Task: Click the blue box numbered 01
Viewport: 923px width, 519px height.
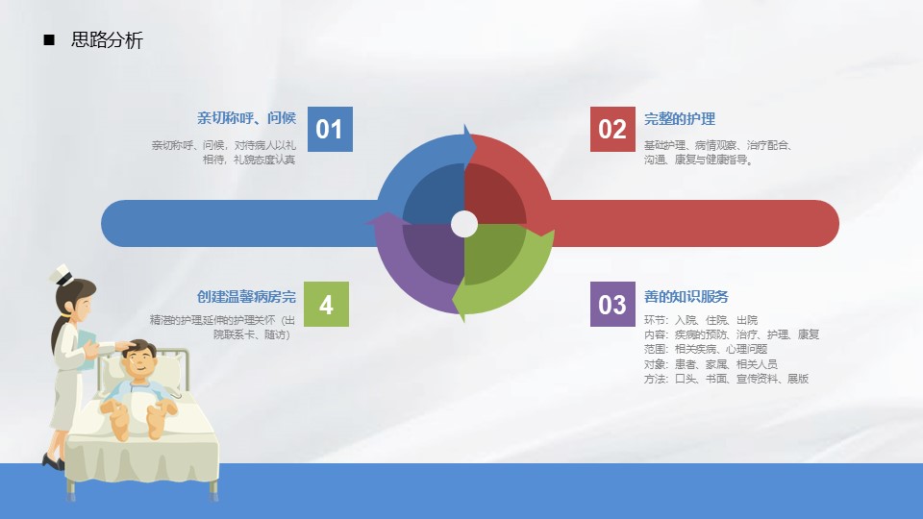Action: (330, 130)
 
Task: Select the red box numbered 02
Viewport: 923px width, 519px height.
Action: (612, 130)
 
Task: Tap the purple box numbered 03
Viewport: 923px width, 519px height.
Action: (612, 305)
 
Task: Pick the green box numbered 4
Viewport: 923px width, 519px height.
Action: (326, 305)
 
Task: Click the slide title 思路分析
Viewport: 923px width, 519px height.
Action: (107, 40)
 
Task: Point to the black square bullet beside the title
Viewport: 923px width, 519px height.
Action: (49, 40)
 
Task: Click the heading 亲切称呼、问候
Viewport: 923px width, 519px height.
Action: (247, 118)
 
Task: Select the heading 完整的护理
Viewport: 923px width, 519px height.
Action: (680, 119)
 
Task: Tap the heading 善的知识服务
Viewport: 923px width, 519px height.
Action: (686, 297)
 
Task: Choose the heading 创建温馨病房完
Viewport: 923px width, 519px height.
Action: (247, 297)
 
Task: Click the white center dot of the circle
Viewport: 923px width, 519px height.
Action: (464, 224)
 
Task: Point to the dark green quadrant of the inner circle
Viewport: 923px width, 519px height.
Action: (492, 252)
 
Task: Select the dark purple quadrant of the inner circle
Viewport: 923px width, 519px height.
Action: (436, 252)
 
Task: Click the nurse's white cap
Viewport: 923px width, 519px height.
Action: (62, 275)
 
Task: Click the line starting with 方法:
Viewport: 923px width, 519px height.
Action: (727, 379)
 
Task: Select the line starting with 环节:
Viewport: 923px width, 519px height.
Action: (701, 320)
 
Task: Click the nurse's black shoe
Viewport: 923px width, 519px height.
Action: (53, 461)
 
